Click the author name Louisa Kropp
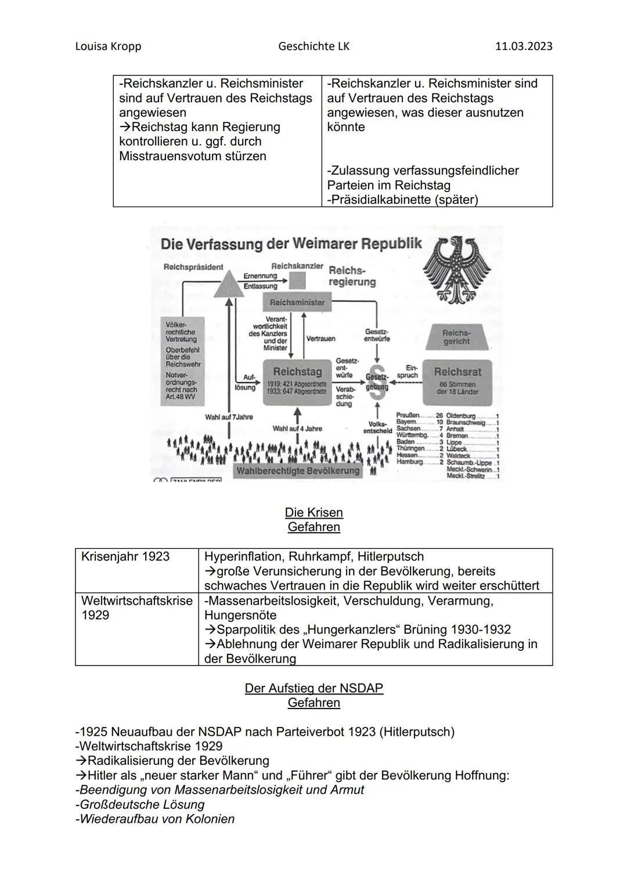[x=108, y=46]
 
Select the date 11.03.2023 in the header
[x=523, y=46]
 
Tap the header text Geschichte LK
[x=313, y=46]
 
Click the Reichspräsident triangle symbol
[x=229, y=284]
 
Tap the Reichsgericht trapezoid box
[x=456, y=337]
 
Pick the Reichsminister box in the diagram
[x=297, y=302]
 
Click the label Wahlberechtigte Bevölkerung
[x=297, y=471]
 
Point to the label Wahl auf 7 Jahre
[x=229, y=417]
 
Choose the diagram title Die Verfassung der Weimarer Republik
[x=291, y=243]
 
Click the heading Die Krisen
[x=313, y=512]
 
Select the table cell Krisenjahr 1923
[x=125, y=556]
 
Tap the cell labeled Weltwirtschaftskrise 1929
[x=136, y=607]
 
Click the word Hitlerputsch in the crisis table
[x=391, y=556]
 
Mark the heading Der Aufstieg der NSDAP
[x=313, y=688]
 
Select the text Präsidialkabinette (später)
[x=402, y=200]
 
